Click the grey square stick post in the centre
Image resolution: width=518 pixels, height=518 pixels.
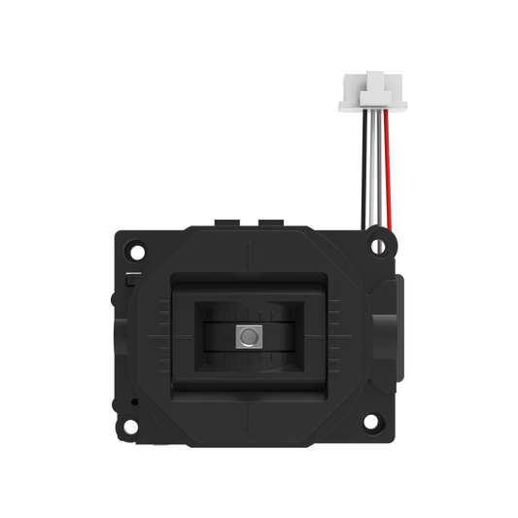point(248,335)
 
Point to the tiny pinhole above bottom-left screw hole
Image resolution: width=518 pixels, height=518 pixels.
point(134,400)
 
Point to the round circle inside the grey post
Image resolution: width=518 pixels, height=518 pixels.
point(249,335)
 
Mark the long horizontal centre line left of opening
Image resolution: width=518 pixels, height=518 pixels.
point(155,335)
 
